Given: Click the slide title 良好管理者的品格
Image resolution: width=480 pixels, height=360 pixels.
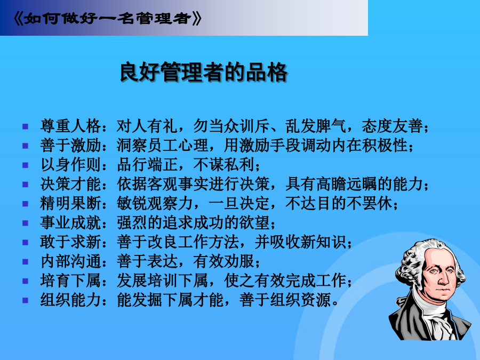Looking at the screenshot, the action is point(203,72).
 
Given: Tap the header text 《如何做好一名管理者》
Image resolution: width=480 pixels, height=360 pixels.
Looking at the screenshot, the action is point(107,19).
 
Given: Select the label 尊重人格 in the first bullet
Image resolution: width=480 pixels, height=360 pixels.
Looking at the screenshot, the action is point(70,126).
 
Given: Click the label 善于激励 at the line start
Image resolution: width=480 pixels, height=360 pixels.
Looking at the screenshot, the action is point(70,145).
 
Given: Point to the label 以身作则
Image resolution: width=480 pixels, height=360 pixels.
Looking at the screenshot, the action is point(70,164).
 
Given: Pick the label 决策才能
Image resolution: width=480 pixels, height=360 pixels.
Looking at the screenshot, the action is point(70,183).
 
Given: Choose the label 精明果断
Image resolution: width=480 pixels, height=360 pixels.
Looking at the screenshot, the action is point(70,203).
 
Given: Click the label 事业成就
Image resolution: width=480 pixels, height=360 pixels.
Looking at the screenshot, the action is point(70,222).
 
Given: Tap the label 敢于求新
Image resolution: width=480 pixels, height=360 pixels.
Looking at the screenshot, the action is point(70,242).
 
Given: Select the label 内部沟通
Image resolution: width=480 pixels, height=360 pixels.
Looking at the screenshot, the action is point(70,261).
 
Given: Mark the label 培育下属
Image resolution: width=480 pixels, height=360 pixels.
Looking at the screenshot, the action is point(70,281).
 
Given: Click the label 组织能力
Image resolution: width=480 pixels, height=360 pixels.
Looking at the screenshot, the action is point(70,300).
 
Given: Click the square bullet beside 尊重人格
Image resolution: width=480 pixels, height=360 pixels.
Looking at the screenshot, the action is point(26,126).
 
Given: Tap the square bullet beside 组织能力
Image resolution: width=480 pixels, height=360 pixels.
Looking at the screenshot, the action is point(26,300).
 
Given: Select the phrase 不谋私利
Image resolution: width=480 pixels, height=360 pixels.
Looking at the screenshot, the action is point(224,164).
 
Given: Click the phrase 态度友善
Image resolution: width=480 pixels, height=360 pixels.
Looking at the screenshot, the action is point(392,126).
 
